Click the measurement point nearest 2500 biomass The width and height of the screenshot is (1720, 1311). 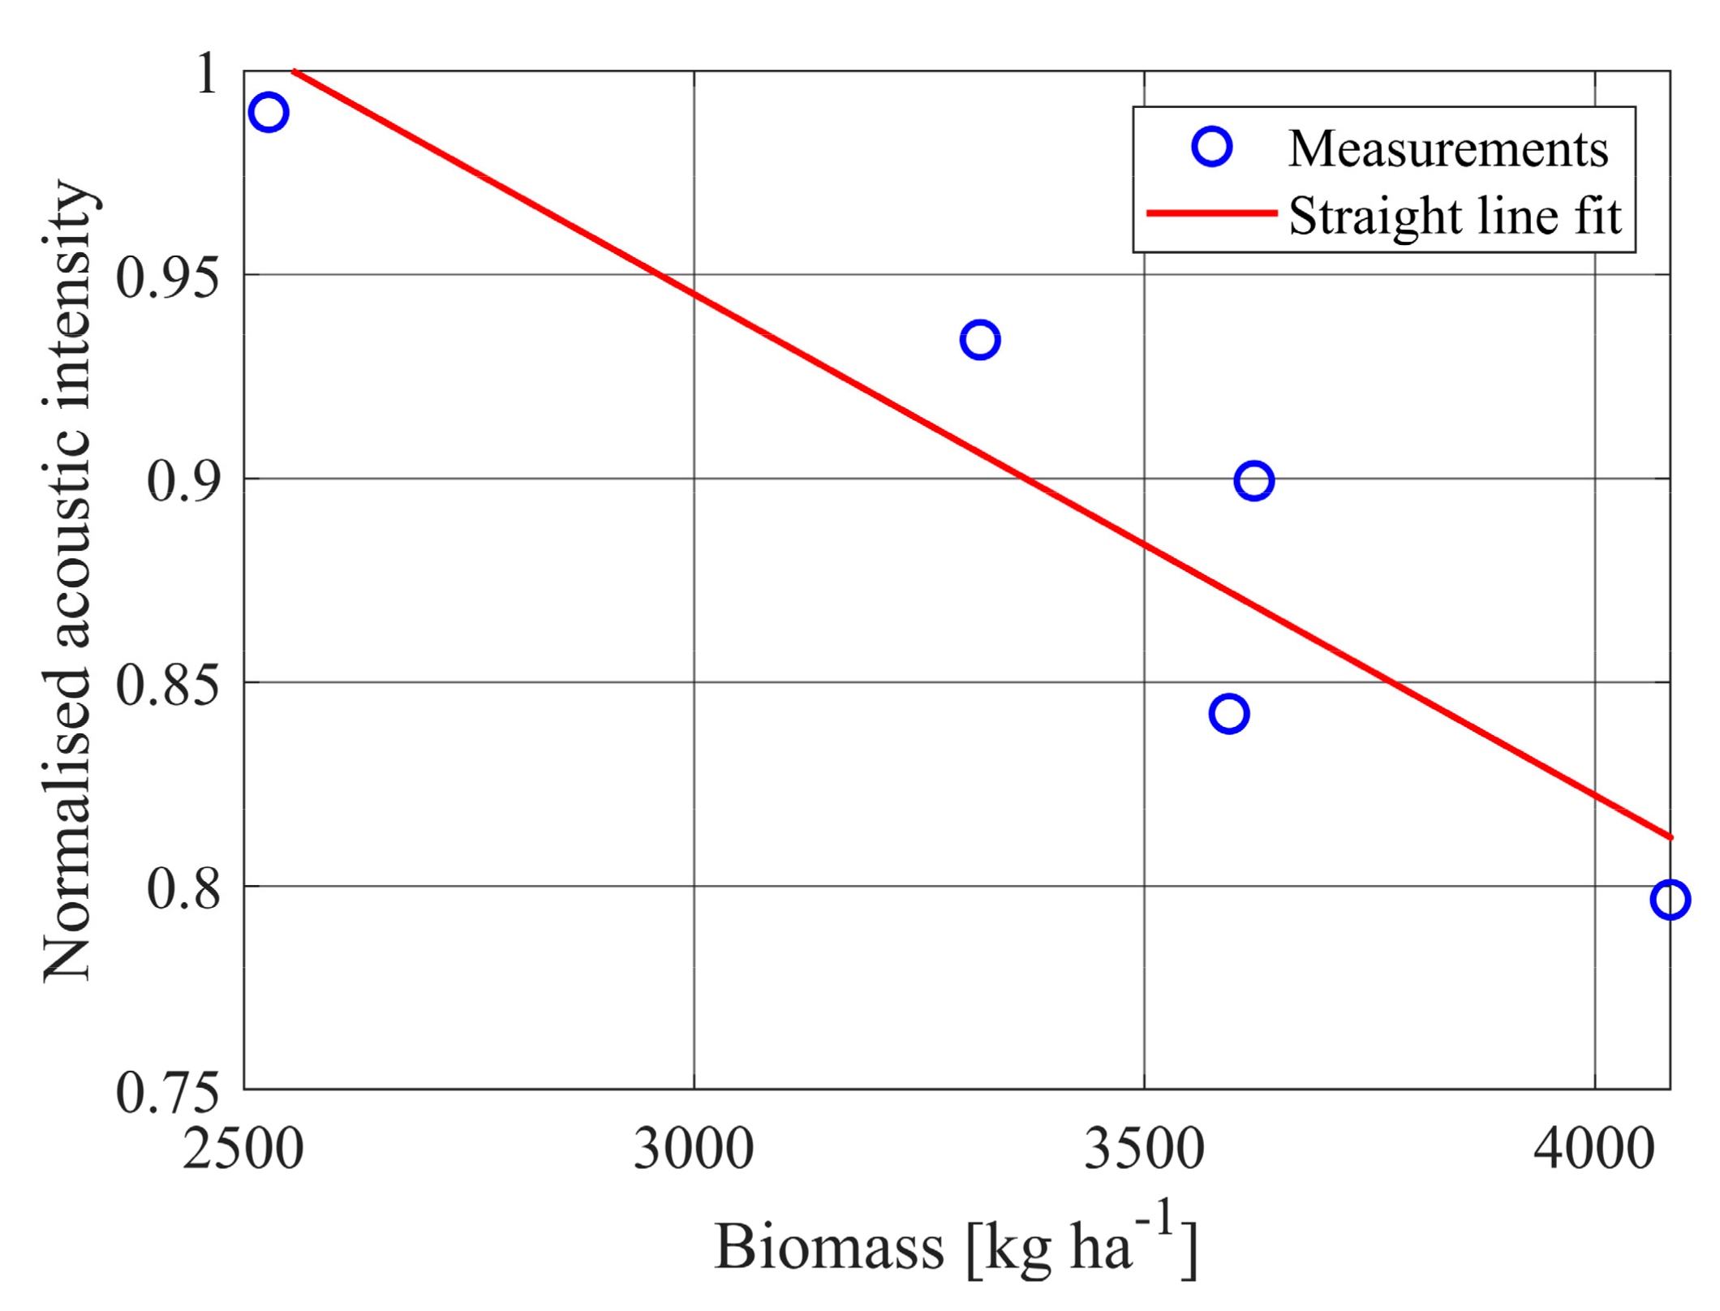(269, 112)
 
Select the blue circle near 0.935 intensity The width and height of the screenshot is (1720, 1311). (980, 340)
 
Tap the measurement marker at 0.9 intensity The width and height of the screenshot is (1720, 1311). (1254, 481)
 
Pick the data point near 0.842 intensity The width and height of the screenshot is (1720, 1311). (1229, 714)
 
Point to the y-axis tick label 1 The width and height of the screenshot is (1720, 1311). (206, 74)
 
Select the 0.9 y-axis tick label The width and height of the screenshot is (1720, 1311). (183, 481)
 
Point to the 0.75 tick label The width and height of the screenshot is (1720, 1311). (168, 1093)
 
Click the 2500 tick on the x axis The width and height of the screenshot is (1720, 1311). (243, 1150)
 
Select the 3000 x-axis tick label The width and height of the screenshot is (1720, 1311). (694, 1150)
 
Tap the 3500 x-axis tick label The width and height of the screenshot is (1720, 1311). (1144, 1150)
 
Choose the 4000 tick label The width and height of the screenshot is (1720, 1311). (1594, 1150)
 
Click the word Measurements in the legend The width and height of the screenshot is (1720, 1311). (1448, 149)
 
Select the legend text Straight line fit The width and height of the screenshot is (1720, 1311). (1455, 217)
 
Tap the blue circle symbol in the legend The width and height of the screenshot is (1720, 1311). (1212, 147)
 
